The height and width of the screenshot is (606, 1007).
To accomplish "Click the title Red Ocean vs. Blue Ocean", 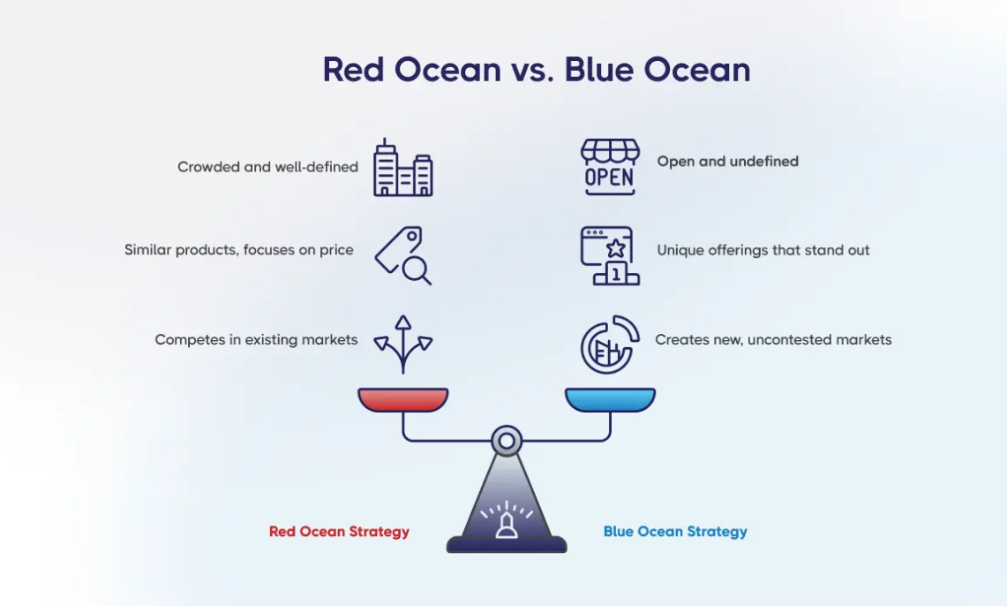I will coord(536,70).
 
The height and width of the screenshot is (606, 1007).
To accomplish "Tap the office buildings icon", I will coord(402,168).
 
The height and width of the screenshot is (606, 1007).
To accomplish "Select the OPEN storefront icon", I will coord(609,166).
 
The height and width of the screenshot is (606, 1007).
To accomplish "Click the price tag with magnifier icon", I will coord(403,255).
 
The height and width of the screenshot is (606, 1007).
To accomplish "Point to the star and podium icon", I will coord(610,255).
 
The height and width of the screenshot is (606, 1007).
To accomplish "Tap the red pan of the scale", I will coord(403,399).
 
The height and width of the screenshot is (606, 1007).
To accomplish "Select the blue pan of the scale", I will coord(610,399).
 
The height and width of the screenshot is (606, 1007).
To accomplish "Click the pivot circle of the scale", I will coord(507,440).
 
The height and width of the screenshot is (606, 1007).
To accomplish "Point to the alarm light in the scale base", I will coord(507,524).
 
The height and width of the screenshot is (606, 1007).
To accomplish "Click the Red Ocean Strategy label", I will coord(339,532).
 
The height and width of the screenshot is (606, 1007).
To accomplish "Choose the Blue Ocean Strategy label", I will coord(675,532).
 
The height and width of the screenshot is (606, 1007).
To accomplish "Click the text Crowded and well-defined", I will coord(267,167).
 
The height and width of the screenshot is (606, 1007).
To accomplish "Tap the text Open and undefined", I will coord(727,162).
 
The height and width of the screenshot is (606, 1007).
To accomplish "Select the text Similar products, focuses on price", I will coord(239,250).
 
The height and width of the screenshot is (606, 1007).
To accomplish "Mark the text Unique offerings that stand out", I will coord(763,250).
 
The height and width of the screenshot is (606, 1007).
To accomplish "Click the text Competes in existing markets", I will coord(256,339).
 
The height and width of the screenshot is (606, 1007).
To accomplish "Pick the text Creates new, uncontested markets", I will coord(773,339).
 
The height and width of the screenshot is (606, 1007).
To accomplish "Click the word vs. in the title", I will coord(532,70).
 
